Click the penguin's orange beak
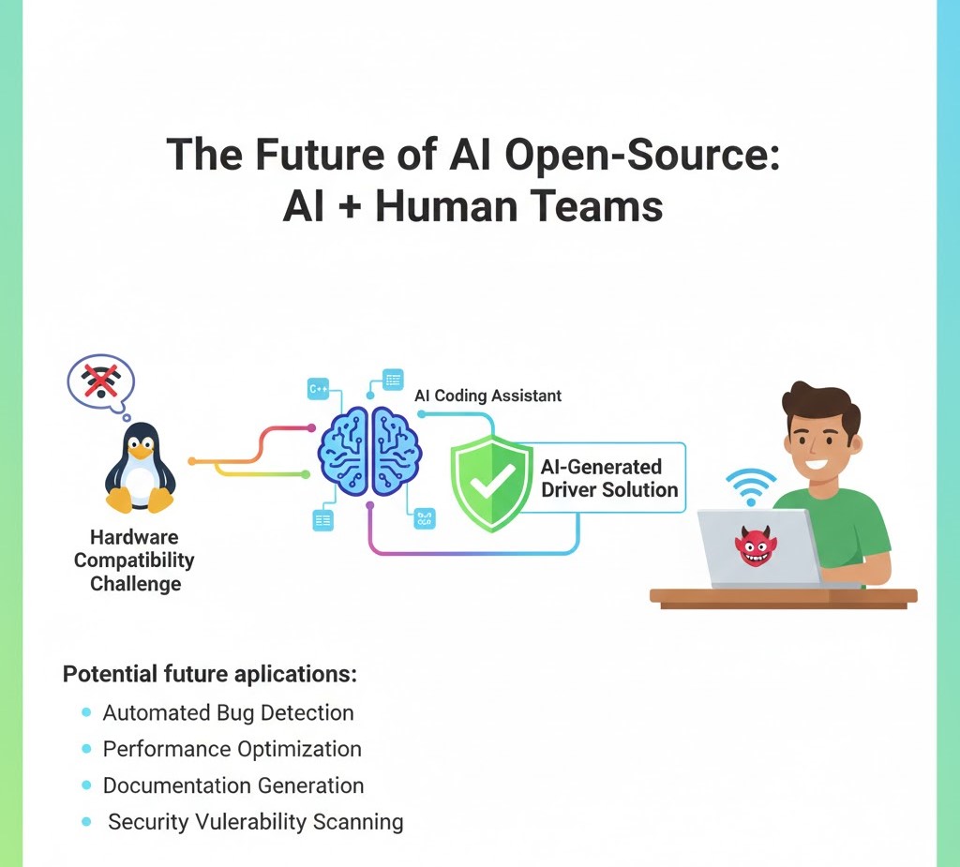[140, 452]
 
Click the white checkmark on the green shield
[493, 482]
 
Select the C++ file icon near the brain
[320, 388]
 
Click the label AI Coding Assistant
[487, 396]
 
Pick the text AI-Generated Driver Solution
[608, 478]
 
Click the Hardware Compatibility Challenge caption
[134, 561]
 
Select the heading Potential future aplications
[210, 674]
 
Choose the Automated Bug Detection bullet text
[228, 712]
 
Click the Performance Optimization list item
[232, 749]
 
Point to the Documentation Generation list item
[232, 785]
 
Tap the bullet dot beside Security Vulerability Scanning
[87, 822]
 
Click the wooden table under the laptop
[783, 597]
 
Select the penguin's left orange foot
[119, 501]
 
